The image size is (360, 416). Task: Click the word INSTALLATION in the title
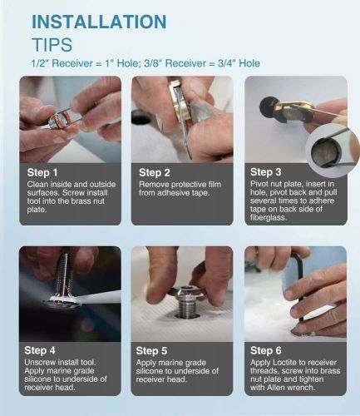(99, 22)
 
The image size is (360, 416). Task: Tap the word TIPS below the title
(52, 45)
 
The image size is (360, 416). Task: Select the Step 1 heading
(42, 172)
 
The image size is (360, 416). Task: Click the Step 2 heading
(155, 172)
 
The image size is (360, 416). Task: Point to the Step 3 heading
(265, 172)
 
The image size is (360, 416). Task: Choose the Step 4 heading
(40, 350)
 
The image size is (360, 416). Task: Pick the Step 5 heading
(151, 350)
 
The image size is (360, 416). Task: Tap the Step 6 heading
(265, 350)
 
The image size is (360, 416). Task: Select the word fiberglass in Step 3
(269, 217)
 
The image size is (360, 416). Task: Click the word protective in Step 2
(185, 185)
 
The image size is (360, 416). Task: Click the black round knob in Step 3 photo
(267, 106)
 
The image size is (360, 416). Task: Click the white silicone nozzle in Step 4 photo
(98, 298)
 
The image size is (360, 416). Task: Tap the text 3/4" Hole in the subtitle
(239, 63)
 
